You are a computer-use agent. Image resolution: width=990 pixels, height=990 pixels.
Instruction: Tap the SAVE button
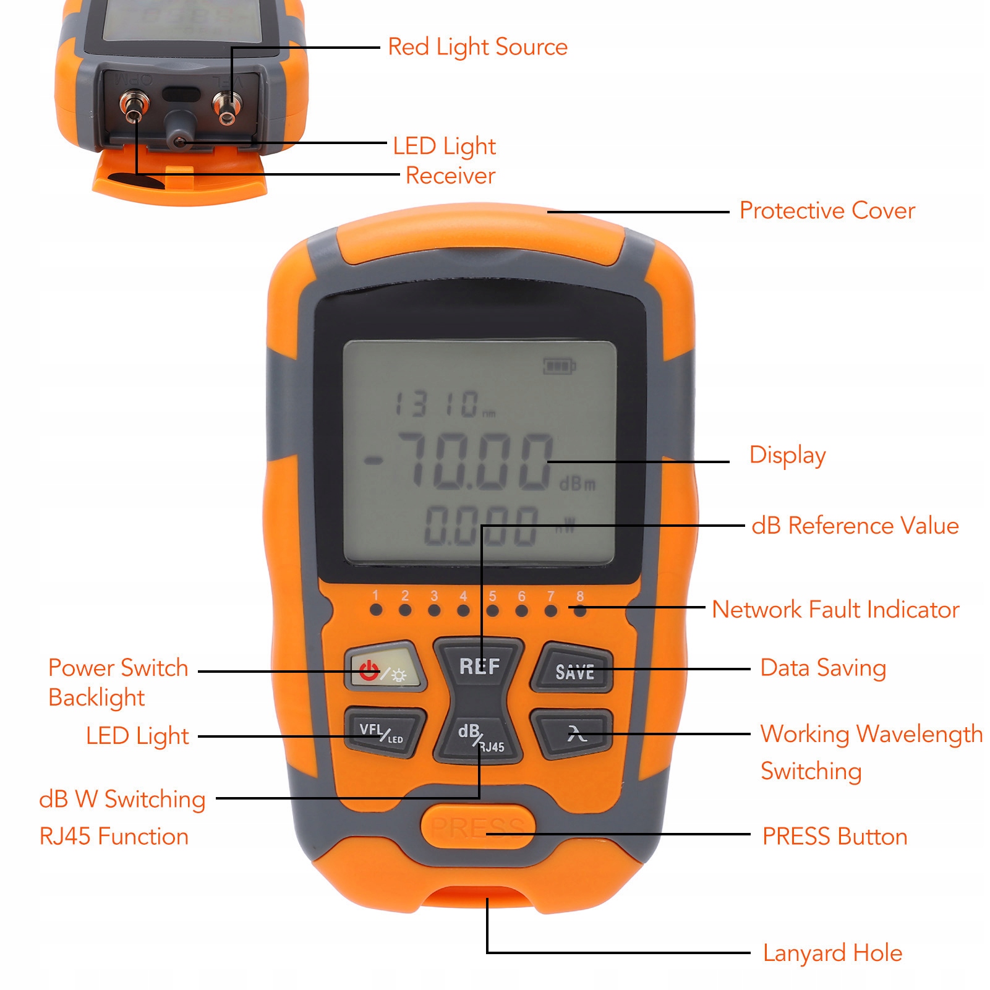574,671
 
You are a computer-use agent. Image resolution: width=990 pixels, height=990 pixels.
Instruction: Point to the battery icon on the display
559,366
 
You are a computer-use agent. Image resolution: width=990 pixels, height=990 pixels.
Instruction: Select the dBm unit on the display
577,484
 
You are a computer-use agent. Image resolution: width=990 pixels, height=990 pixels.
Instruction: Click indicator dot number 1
375,610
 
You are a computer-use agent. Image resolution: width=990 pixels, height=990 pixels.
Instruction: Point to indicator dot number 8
580,610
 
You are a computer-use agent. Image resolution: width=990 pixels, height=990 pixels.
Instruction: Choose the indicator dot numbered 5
492,610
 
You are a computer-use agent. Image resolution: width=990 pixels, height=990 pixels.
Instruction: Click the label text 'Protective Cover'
827,211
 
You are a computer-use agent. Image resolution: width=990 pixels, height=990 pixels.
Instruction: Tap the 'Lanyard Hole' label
832,953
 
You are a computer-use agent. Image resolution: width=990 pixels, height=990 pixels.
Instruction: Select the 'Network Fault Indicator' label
835,610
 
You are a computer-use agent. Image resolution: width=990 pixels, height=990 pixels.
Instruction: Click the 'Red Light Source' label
477,47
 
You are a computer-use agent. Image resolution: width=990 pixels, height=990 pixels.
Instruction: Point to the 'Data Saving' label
823,668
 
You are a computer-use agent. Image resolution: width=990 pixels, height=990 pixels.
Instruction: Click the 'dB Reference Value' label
855,526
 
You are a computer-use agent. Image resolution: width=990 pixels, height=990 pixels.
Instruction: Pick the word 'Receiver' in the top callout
450,176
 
